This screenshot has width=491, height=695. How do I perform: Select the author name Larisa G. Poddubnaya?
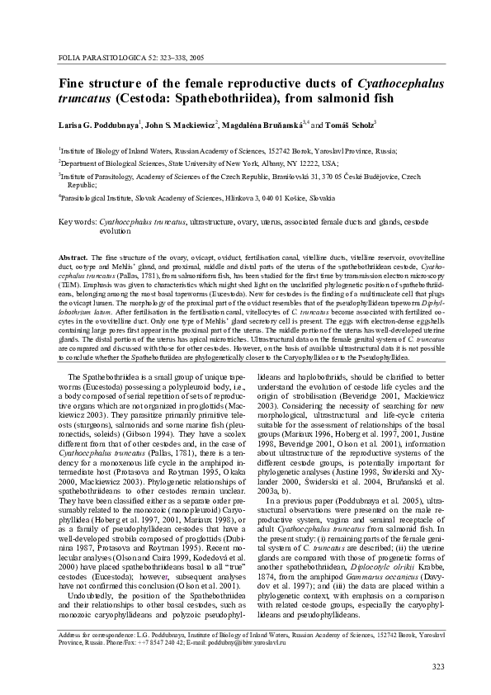coord(97,125)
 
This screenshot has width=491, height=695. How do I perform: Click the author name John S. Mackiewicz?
coord(179,125)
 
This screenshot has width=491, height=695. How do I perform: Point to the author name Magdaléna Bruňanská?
coord(265,125)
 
